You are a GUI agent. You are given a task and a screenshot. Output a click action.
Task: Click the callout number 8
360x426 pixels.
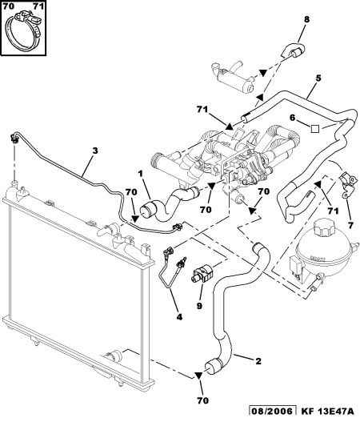[x=306, y=19]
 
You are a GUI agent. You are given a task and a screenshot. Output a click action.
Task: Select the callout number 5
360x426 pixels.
[x=318, y=78]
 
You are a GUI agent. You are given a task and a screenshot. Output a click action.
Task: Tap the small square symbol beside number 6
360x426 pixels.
[x=315, y=128]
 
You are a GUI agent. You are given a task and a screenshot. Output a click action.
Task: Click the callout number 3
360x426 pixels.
[x=94, y=151]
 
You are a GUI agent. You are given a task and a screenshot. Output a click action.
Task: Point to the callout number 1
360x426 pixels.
[x=140, y=173]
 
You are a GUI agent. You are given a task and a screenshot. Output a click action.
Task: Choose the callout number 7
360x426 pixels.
[x=350, y=225]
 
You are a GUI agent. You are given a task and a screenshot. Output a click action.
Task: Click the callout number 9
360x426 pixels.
[x=199, y=306]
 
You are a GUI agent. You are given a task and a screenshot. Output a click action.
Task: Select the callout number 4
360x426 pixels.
[x=179, y=316]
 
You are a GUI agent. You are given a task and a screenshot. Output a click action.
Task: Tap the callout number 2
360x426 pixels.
[x=258, y=361]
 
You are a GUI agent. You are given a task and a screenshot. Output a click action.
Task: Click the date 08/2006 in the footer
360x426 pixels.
[x=273, y=412]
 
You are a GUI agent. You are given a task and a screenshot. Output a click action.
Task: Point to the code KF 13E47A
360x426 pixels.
[x=327, y=412]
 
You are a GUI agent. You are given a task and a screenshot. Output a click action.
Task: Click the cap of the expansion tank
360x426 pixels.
[x=324, y=229]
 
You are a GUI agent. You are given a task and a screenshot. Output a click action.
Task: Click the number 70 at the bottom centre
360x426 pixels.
[x=203, y=400]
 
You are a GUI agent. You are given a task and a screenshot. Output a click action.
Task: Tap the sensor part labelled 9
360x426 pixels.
[x=202, y=275]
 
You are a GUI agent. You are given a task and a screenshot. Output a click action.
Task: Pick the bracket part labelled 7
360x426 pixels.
[x=347, y=185]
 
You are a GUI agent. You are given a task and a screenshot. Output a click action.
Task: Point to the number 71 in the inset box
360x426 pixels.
[x=38, y=6]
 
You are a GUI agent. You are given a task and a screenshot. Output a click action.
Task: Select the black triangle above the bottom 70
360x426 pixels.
[x=198, y=376]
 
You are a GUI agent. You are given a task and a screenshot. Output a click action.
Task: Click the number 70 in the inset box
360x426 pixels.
[x=8, y=6]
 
